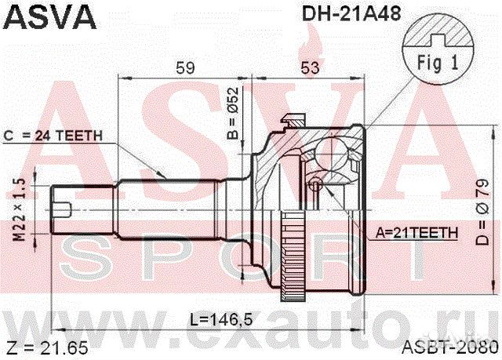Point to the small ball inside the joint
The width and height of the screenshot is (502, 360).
pyautogui.click(x=315, y=184)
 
